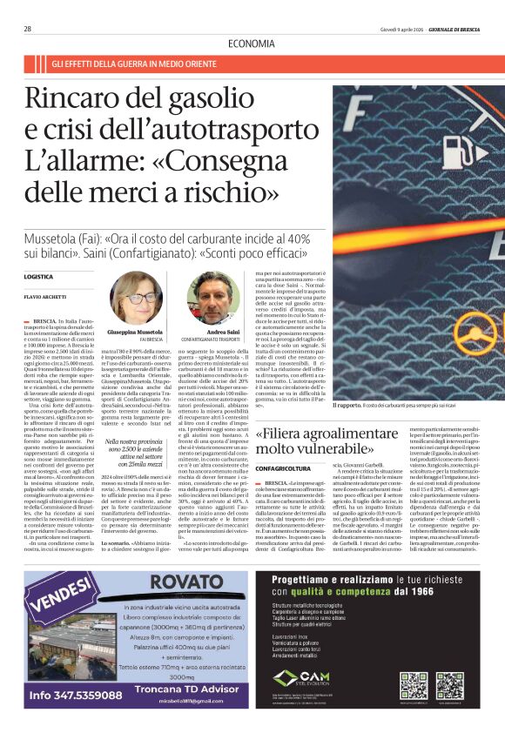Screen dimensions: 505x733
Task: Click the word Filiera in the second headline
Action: pyautogui.click(x=285, y=433)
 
